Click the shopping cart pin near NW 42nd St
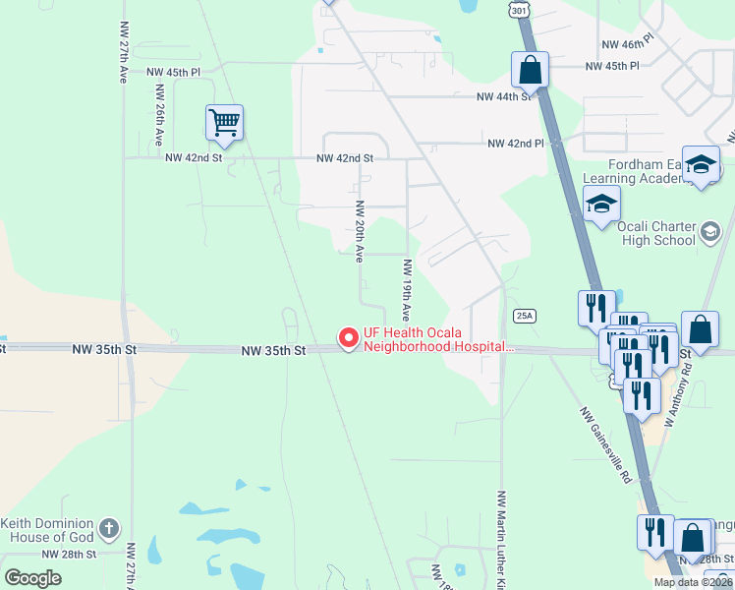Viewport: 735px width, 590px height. click(x=224, y=123)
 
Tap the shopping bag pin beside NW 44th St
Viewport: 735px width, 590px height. click(x=530, y=71)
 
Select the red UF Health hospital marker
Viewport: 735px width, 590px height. click(x=348, y=338)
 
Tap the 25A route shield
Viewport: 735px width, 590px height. click(x=525, y=316)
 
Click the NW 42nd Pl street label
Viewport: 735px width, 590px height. click(x=516, y=144)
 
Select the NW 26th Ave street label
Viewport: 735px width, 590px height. click(x=158, y=115)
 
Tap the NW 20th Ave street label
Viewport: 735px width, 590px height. click(x=360, y=231)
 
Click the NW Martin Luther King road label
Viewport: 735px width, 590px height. click(x=502, y=539)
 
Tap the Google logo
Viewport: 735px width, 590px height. click(x=32, y=578)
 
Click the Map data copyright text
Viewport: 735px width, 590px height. click(x=694, y=582)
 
